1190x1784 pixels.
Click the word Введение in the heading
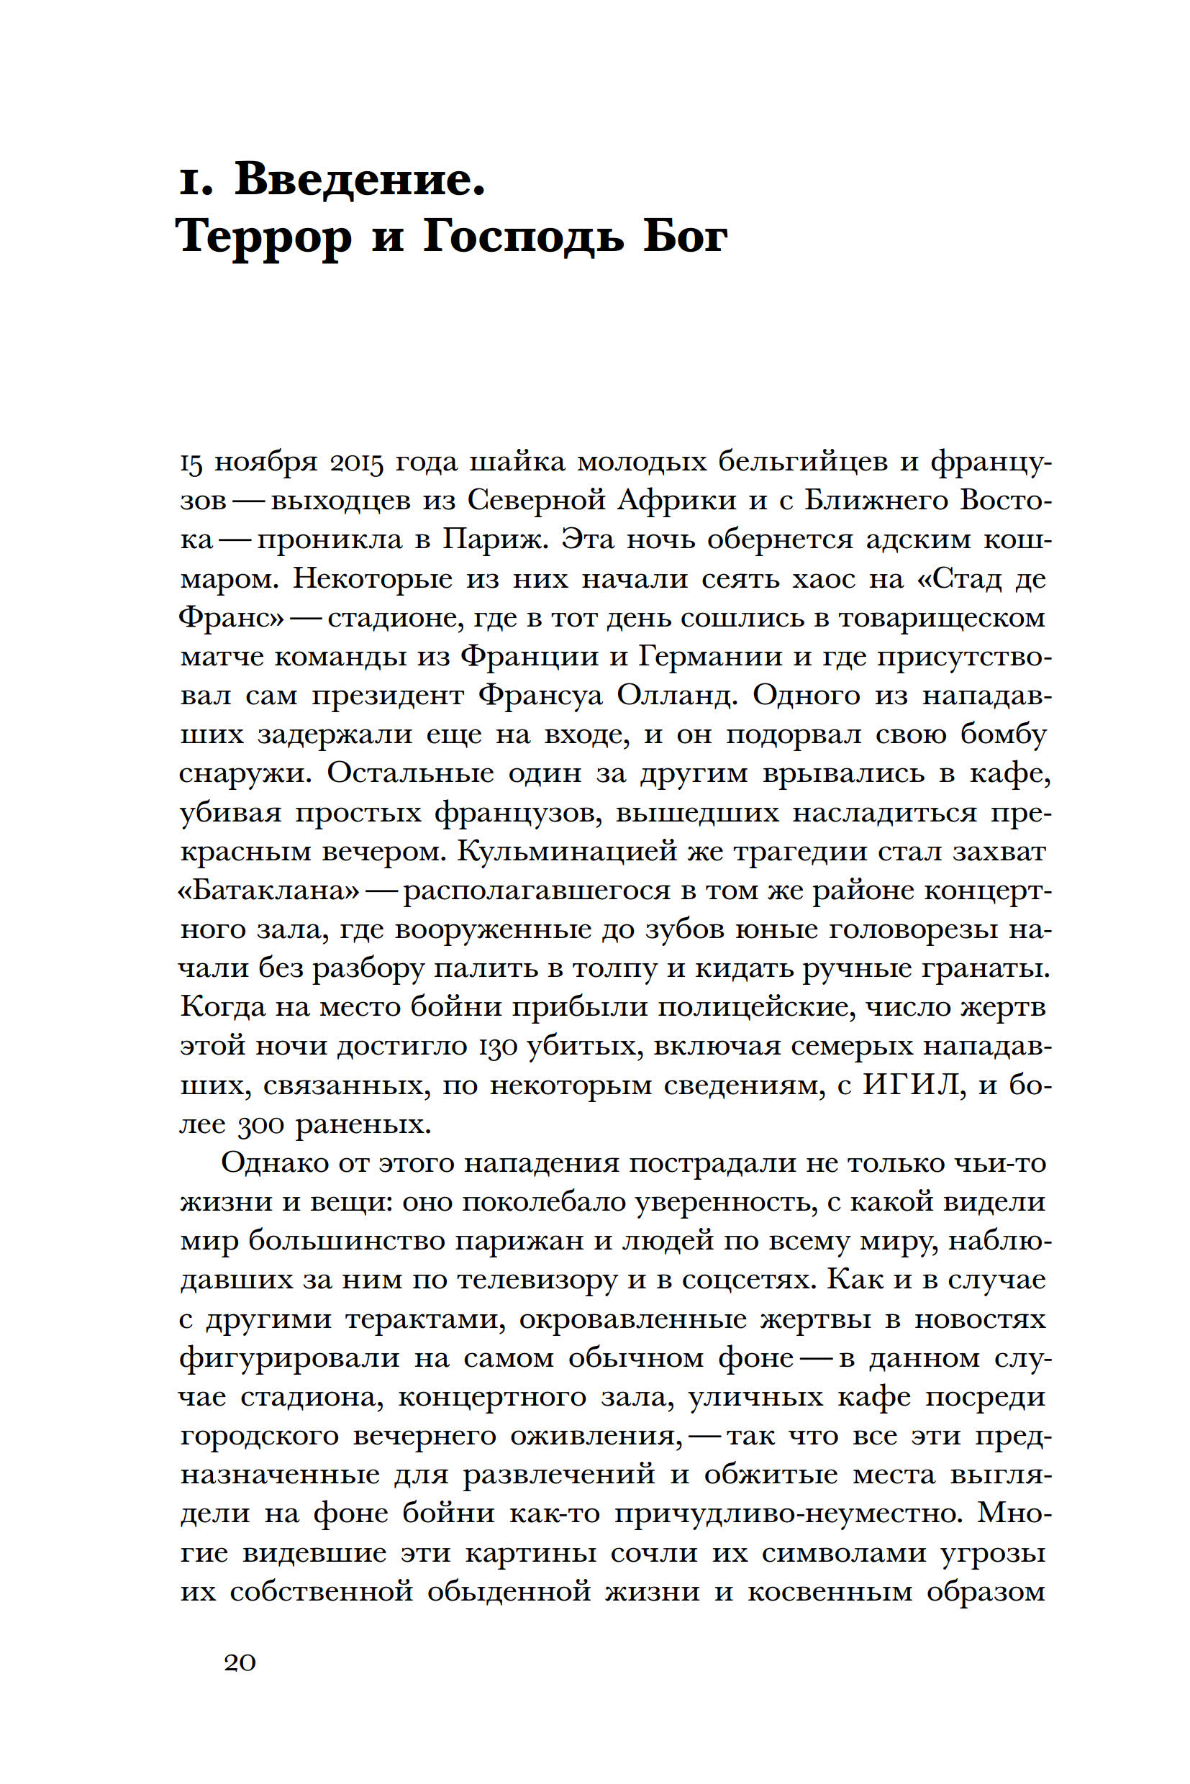point(360,180)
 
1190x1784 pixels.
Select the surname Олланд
point(676,695)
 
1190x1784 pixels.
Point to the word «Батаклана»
point(268,889)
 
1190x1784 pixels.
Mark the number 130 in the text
point(496,1046)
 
